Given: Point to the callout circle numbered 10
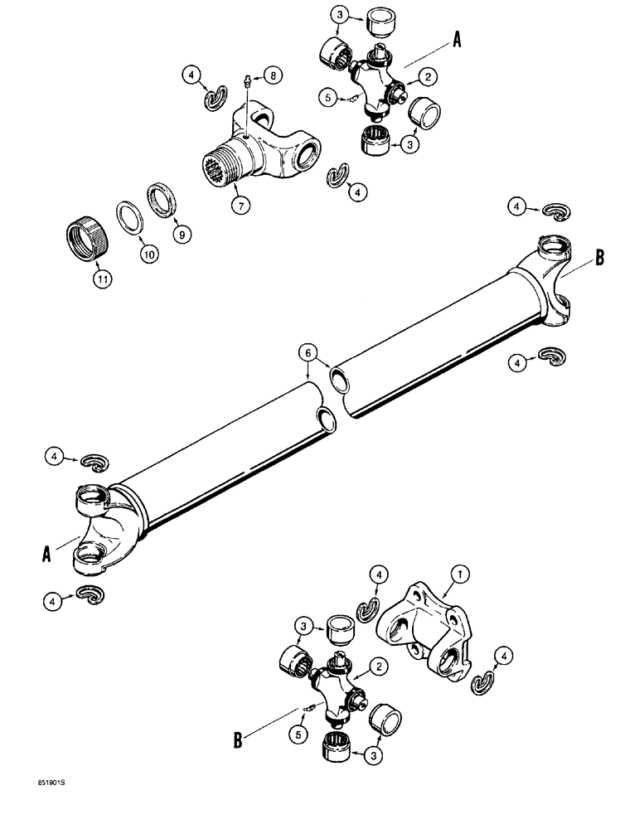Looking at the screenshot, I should (x=148, y=257).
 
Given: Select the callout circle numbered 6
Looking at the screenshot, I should (x=309, y=351).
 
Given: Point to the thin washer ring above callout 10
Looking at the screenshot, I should (x=128, y=231).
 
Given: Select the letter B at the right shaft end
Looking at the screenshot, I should (x=598, y=259).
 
